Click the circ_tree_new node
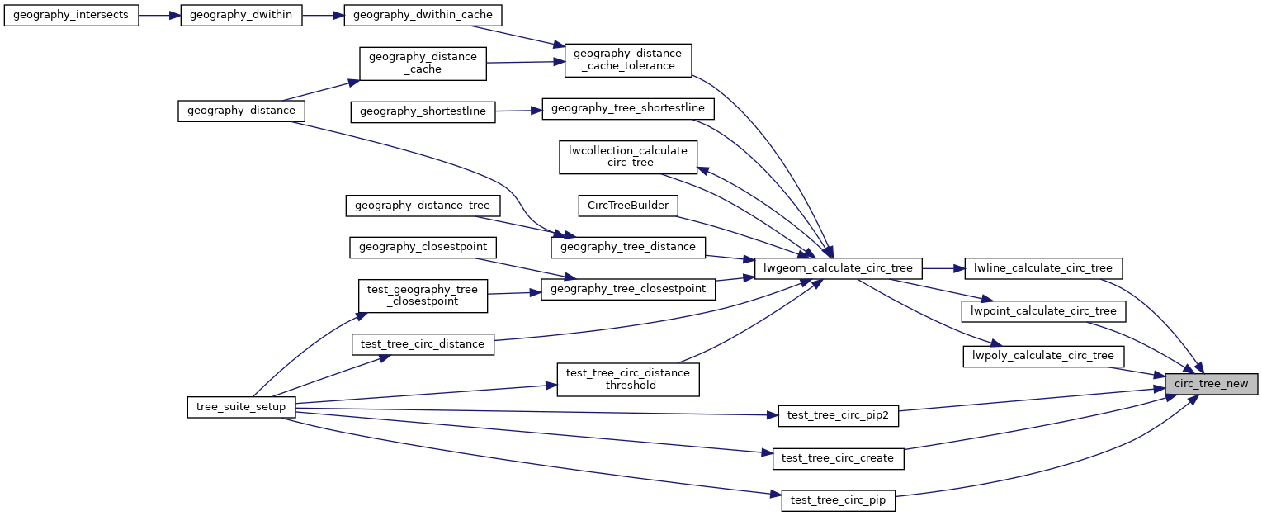(x=1212, y=384)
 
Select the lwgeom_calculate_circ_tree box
(x=838, y=267)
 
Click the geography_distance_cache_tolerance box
(x=627, y=60)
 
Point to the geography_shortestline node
(x=423, y=111)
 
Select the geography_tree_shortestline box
(x=628, y=108)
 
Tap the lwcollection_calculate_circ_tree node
(x=628, y=156)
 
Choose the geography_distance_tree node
(x=422, y=205)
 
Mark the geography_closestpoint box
(x=423, y=247)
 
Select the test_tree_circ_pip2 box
(x=839, y=416)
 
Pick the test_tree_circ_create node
(x=839, y=458)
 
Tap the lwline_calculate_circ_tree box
(x=1043, y=267)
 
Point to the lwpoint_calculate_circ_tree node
(x=1043, y=311)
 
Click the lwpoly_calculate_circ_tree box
(x=1043, y=356)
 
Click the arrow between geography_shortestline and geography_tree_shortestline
(x=518, y=111)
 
